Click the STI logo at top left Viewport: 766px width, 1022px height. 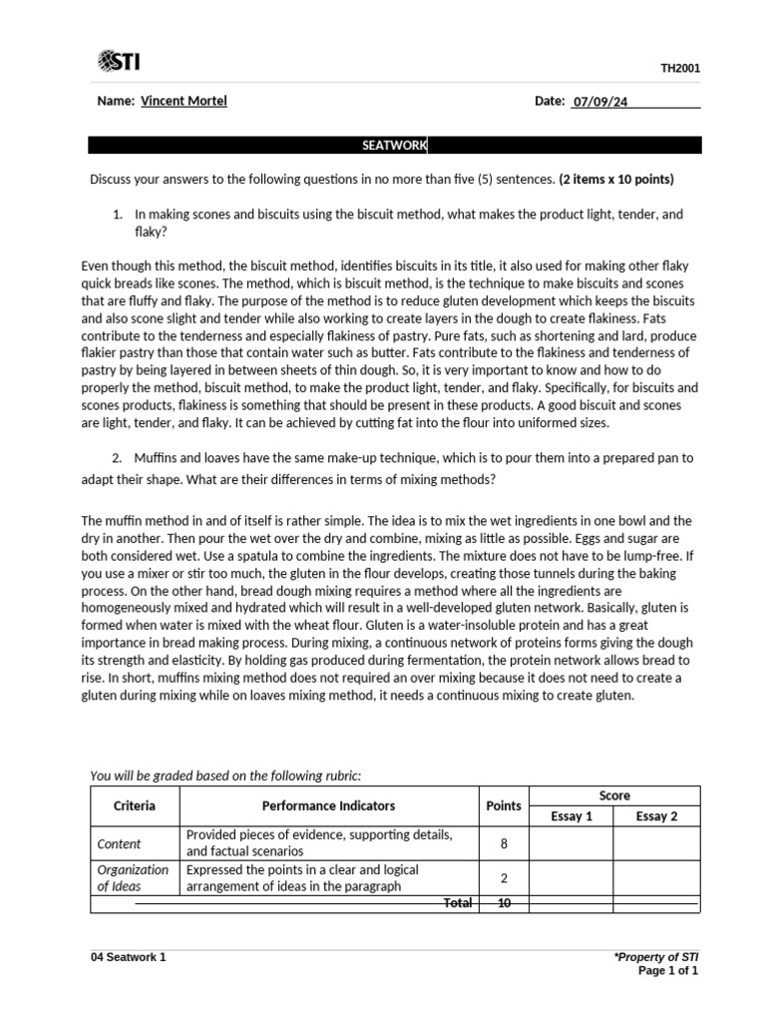(119, 62)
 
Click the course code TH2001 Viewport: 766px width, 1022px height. (680, 68)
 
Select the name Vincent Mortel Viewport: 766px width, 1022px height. (184, 101)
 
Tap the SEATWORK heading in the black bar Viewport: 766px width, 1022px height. (394, 146)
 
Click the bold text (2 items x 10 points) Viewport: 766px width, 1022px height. (616, 180)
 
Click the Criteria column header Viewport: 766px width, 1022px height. (135, 805)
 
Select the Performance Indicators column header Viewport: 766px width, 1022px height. (328, 805)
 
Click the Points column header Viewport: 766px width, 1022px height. (503, 805)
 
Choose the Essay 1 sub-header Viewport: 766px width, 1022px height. (571, 816)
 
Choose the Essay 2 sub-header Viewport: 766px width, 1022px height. (656, 816)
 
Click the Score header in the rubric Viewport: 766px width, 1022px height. (614, 795)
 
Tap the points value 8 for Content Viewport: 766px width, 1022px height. (504, 843)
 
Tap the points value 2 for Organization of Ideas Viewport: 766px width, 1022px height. (504, 878)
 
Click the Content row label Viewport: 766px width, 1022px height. (119, 843)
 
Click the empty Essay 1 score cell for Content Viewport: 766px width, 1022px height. (571, 843)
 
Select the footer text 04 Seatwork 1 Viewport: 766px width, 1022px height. (128, 957)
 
